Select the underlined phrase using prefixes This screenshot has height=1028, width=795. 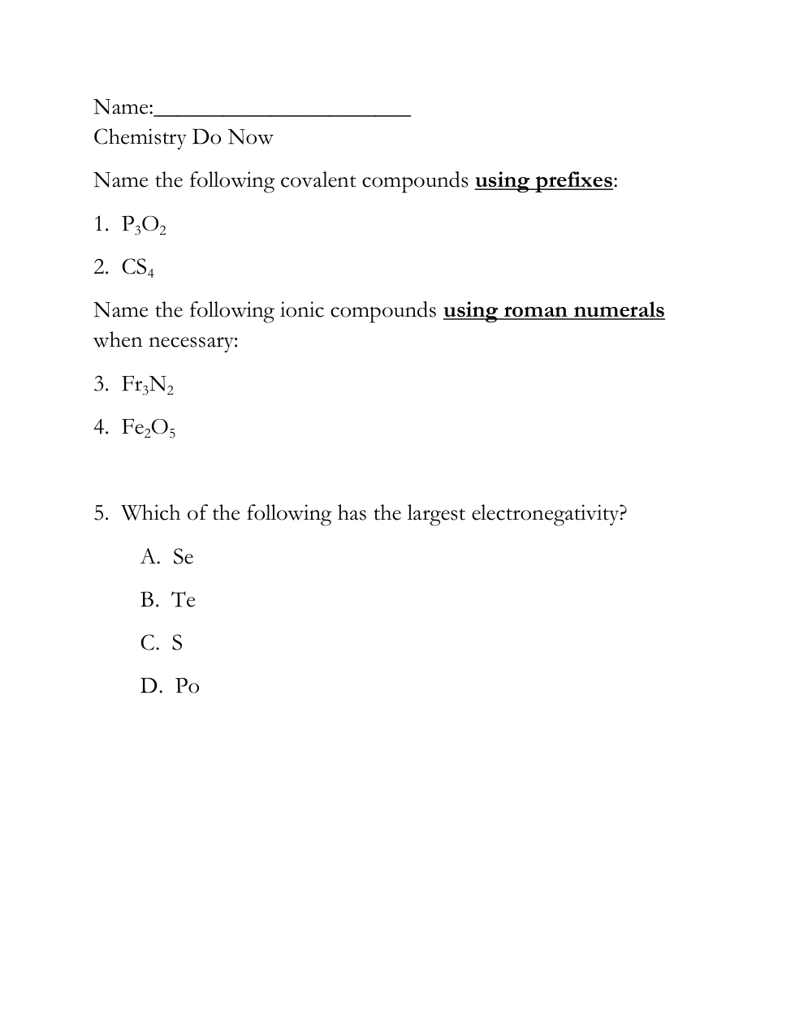tap(543, 180)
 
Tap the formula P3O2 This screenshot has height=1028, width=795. tap(144, 225)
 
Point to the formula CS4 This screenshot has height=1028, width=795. tap(137, 268)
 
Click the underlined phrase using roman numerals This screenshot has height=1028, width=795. tap(554, 310)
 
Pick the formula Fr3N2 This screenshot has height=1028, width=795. tap(148, 385)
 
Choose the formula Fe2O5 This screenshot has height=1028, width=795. tap(149, 428)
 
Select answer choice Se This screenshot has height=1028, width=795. tap(183, 557)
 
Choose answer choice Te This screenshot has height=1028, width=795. tap(184, 600)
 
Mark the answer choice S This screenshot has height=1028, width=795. tap(177, 643)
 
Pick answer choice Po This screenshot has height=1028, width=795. tap(187, 687)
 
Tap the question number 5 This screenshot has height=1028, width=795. tap(100, 514)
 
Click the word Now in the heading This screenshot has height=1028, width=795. tap(250, 138)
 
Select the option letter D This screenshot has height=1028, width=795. tap(149, 687)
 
